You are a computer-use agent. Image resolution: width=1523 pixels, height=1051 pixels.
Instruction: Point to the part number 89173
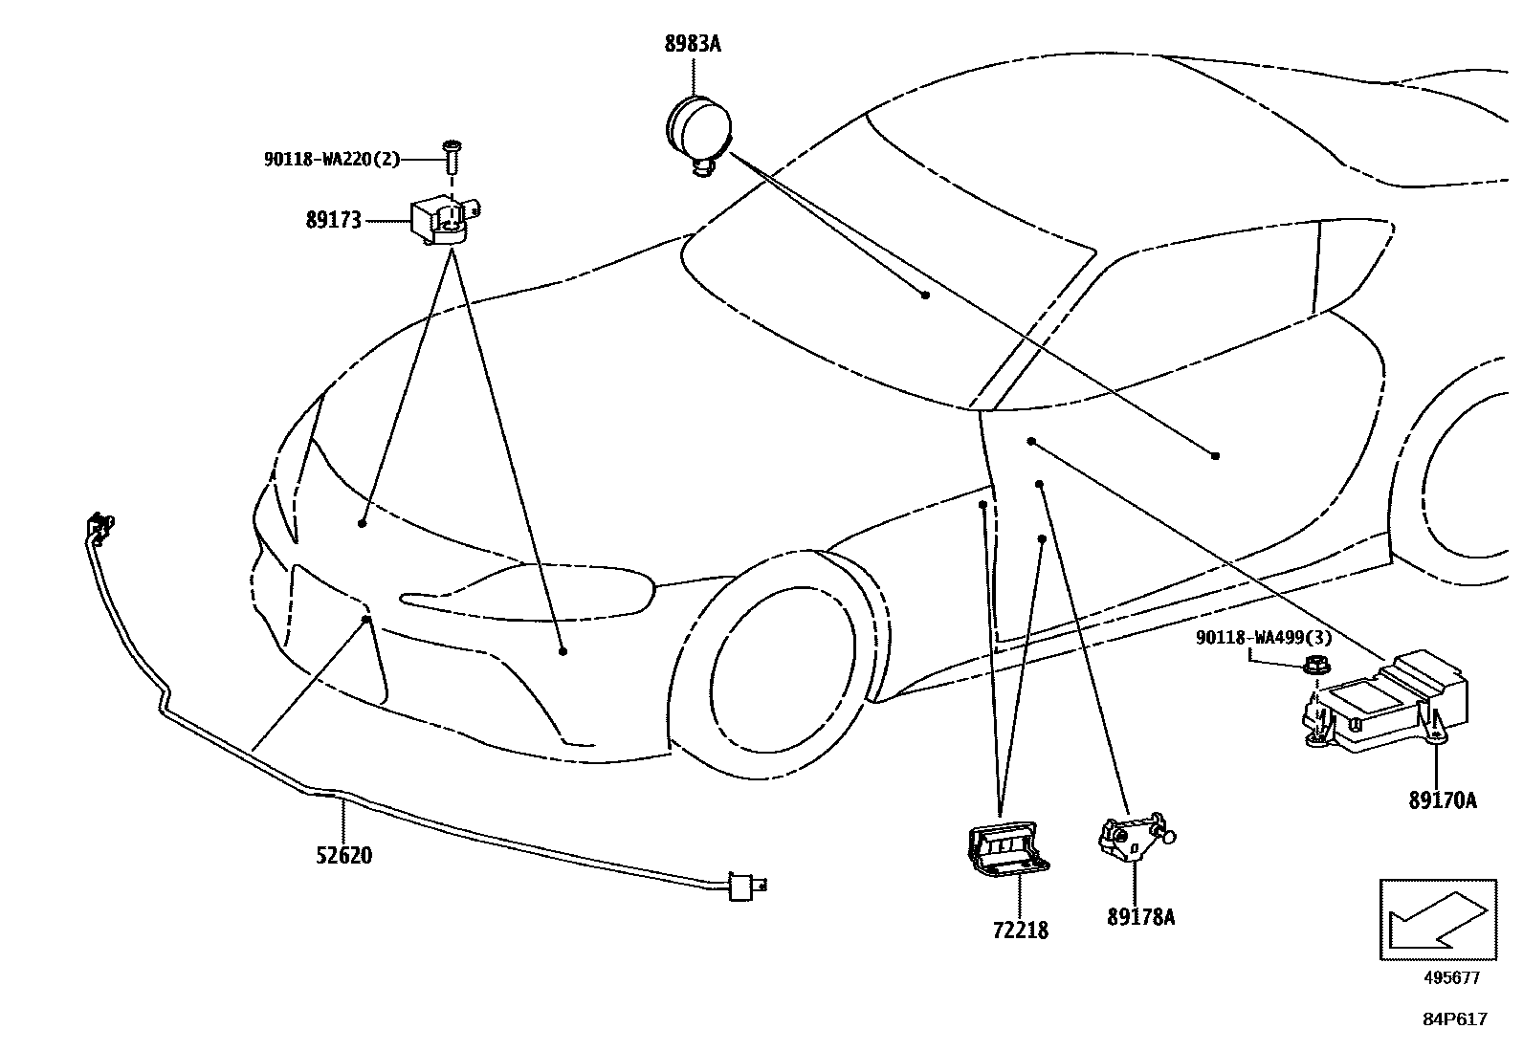click(x=334, y=221)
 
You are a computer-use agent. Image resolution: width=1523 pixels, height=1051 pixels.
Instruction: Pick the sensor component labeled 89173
click(x=443, y=220)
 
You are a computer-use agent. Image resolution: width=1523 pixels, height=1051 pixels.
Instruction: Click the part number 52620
click(x=344, y=854)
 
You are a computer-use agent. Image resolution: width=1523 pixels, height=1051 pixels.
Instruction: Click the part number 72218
click(x=1020, y=929)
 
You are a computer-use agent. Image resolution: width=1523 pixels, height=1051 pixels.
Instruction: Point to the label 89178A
click(x=1141, y=917)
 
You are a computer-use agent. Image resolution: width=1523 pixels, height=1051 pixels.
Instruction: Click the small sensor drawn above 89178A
click(x=1135, y=835)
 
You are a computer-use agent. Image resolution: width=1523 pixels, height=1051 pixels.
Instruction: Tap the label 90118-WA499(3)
click(x=1263, y=638)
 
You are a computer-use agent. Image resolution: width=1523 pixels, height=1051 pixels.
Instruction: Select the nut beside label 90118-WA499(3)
click(x=1313, y=666)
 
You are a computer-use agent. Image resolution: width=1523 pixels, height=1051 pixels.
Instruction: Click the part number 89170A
click(x=1442, y=799)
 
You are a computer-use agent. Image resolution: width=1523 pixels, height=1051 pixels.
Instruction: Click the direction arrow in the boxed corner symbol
click(x=1437, y=919)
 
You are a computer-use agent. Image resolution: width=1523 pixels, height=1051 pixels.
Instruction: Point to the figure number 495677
click(x=1450, y=977)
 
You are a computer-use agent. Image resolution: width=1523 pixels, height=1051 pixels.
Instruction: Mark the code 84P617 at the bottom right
click(x=1454, y=1019)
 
